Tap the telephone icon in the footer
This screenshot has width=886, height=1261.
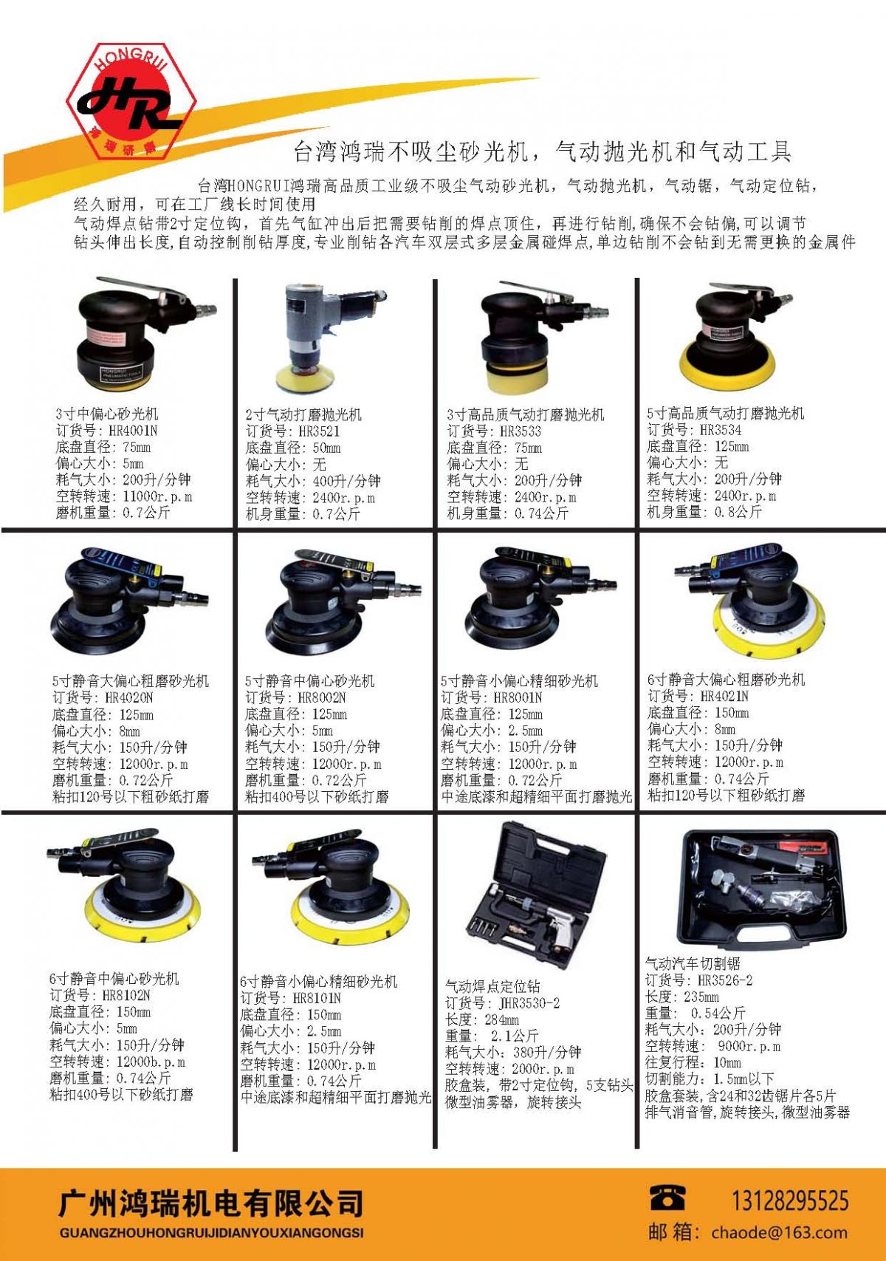point(667,1197)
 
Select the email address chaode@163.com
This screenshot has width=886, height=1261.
point(779,1232)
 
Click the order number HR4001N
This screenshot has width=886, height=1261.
point(133,431)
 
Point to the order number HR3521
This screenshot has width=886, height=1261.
point(319,431)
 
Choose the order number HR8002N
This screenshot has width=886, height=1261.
point(319,697)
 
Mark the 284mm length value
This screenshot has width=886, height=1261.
point(501,1019)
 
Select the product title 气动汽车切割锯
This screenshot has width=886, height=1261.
point(693,963)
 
